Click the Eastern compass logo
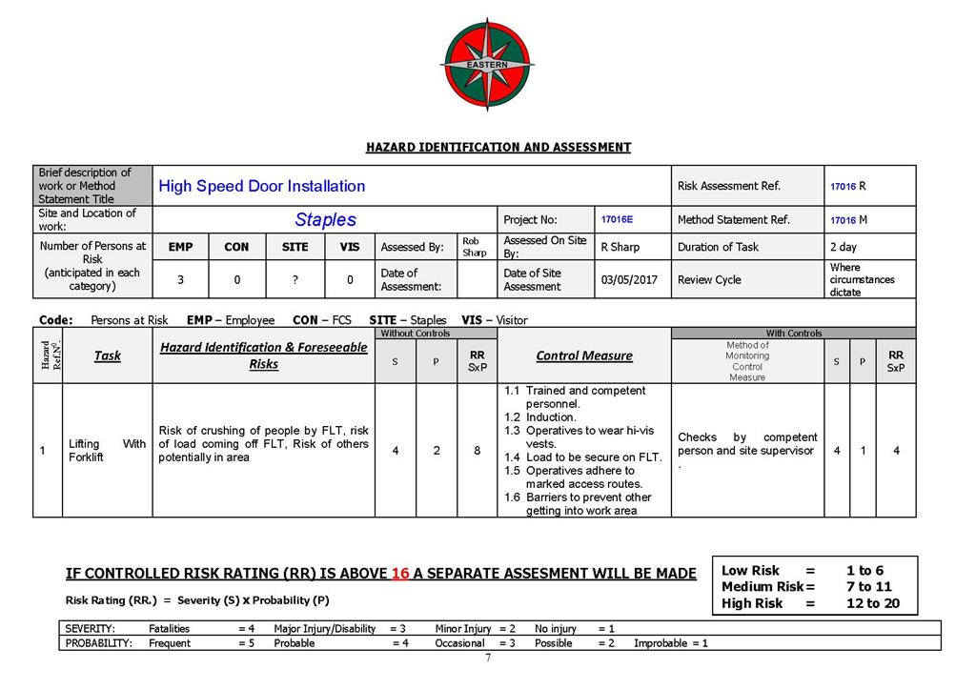(487, 64)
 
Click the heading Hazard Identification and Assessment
(498, 148)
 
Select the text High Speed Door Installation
(261, 186)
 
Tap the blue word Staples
(325, 220)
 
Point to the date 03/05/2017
(628, 280)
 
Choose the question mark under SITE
(295, 280)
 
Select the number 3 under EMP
(180, 280)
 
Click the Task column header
(108, 355)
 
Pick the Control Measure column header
(583, 355)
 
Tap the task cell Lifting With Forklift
(107, 450)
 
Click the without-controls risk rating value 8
(477, 451)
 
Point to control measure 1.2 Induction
(540, 417)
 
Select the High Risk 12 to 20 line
(810, 603)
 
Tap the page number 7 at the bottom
(488, 659)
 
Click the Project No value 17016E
(617, 219)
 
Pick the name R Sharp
(620, 247)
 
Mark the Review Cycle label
(709, 280)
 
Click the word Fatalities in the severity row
(169, 629)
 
